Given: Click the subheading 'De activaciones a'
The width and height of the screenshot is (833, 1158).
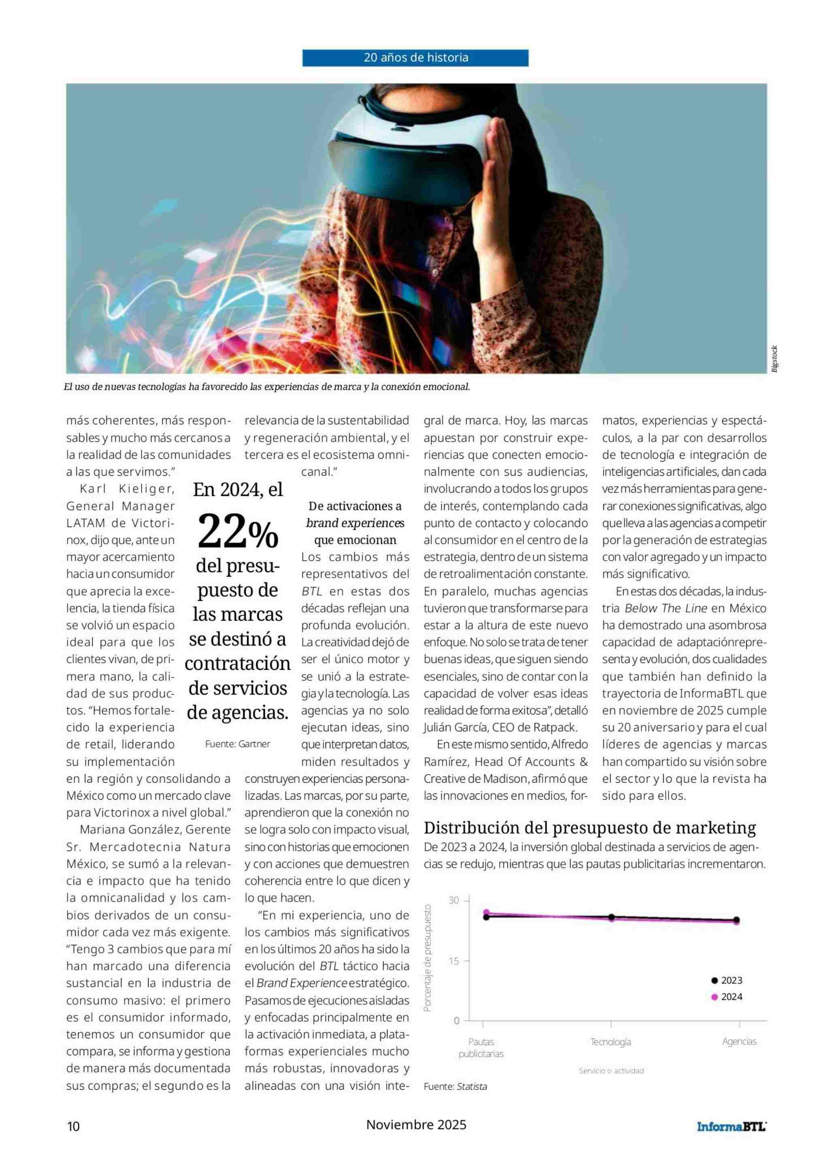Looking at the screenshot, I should [x=355, y=506].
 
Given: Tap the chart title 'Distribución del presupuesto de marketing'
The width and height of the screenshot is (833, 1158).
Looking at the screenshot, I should [x=589, y=827].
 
